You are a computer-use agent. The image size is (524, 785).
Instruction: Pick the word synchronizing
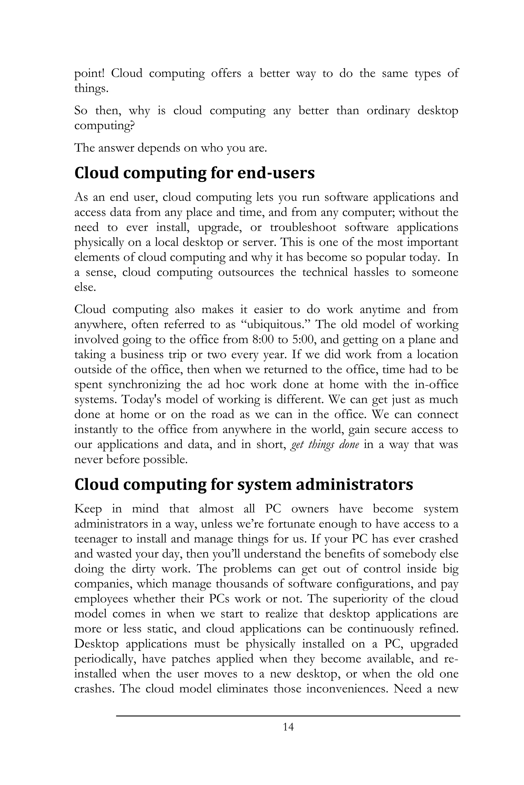(144, 385)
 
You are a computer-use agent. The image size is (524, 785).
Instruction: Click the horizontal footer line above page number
(288, 715)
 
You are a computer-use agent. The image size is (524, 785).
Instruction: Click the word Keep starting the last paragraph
(88, 509)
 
